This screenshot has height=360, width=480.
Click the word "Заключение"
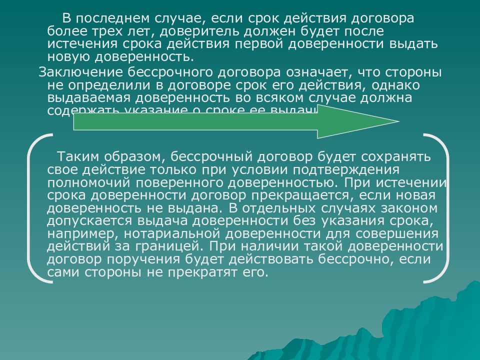(79, 72)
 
